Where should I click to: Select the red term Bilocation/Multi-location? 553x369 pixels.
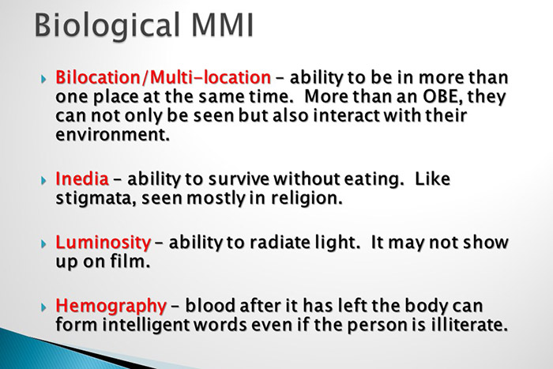163,78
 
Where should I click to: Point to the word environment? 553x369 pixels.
111,134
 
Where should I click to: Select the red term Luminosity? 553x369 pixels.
103,242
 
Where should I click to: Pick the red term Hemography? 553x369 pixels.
111,305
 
